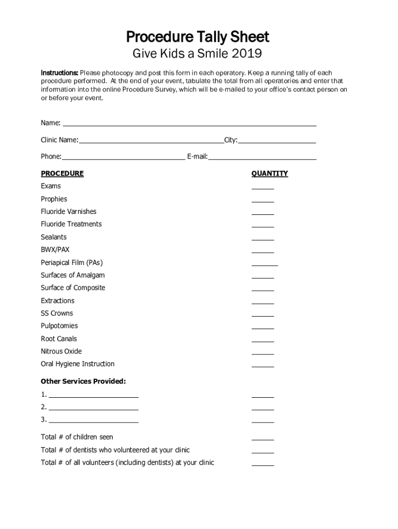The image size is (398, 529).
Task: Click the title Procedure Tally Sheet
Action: coord(198,37)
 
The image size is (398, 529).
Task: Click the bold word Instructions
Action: coord(59,73)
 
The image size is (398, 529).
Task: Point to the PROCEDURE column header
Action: coord(62,174)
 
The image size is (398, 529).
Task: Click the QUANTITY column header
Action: coord(269,174)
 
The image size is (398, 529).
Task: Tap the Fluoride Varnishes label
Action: coord(68,211)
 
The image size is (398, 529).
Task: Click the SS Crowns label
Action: coord(57,313)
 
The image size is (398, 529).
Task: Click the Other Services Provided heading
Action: coord(83,381)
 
